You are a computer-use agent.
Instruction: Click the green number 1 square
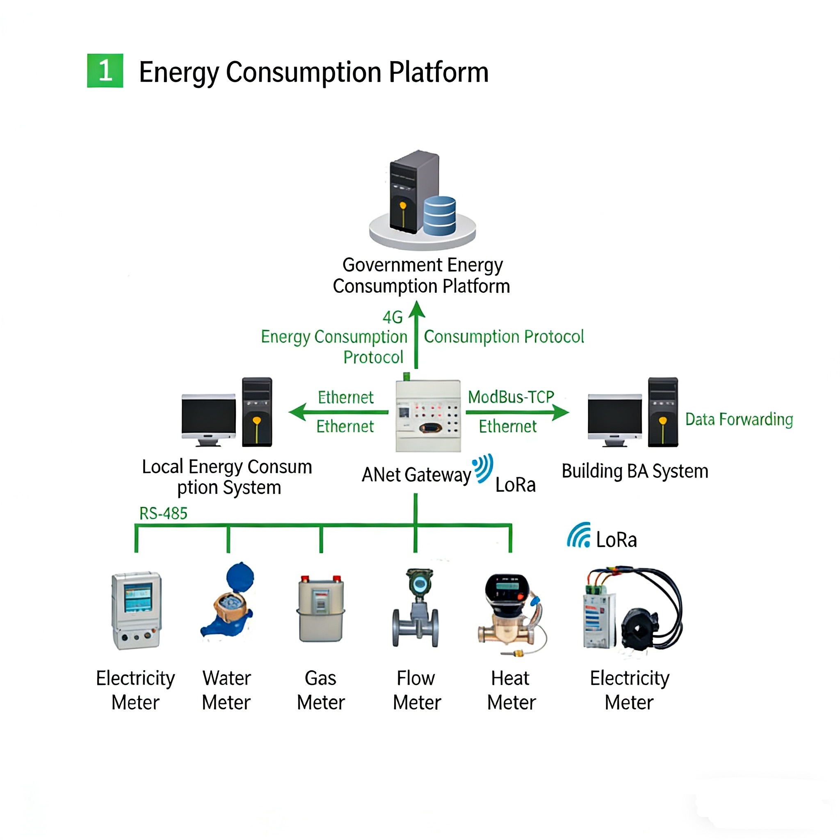105,71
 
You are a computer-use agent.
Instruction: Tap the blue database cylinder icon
439,216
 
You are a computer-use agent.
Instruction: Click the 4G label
392,317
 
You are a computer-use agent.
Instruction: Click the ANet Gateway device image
428,415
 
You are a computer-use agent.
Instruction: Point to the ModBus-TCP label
511,397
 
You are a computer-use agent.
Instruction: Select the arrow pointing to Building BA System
517,412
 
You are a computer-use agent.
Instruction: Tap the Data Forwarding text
739,420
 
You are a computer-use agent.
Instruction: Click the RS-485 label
163,514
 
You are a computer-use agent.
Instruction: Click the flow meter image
416,609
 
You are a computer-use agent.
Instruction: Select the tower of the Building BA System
663,412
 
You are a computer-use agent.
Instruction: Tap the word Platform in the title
439,72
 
